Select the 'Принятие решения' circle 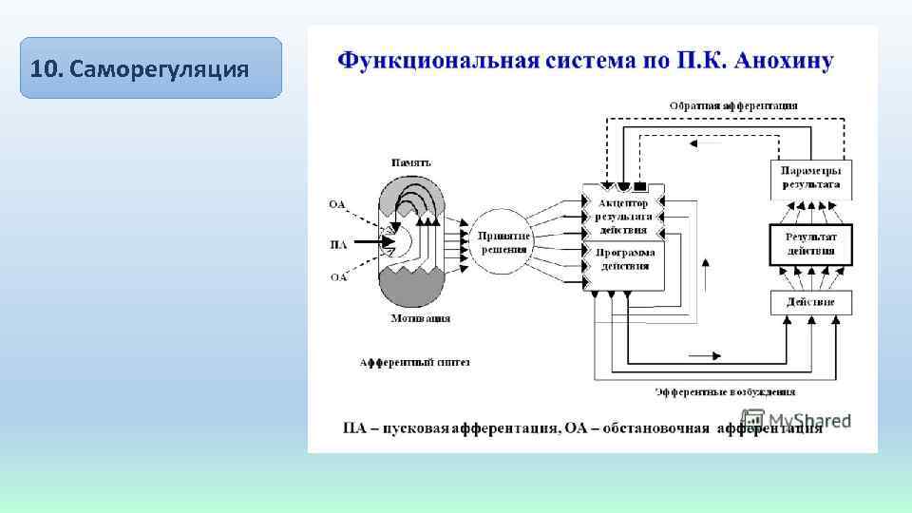(504, 241)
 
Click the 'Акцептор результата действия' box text (623, 217)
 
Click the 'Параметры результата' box (810, 178)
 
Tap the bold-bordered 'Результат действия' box (810, 244)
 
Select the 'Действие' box (810, 302)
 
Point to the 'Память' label (410, 162)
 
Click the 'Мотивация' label (419, 318)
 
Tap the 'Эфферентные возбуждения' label (725, 391)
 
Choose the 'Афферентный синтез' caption (414, 362)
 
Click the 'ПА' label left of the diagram (338, 244)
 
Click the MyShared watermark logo (796, 420)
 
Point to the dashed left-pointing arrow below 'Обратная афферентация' (703, 143)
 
